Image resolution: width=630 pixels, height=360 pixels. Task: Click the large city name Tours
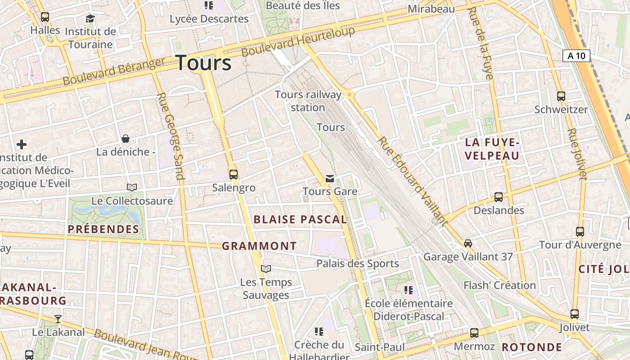click(203, 63)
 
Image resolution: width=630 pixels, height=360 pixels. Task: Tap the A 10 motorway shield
click(576, 56)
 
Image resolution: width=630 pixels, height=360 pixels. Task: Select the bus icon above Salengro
click(233, 174)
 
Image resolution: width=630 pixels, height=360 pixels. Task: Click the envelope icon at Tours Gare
click(330, 179)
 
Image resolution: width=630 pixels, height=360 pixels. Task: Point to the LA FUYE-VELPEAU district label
click(492, 149)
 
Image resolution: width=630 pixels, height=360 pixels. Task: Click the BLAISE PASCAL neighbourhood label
click(300, 220)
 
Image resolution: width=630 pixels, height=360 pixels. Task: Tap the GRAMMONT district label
click(259, 246)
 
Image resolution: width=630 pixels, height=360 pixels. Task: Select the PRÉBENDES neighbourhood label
click(103, 229)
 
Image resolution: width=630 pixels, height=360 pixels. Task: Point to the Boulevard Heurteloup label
click(298, 41)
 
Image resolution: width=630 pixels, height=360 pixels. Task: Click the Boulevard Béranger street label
click(114, 71)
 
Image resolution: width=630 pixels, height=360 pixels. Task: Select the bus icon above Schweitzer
click(561, 96)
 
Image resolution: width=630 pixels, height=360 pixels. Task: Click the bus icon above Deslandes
click(498, 197)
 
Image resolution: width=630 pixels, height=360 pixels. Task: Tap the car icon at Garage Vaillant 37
click(468, 243)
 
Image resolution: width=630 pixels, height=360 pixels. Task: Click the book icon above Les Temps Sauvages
click(266, 269)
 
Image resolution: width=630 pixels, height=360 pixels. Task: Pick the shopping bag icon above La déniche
click(126, 138)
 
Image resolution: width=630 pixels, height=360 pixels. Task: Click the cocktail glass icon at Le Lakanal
click(58, 319)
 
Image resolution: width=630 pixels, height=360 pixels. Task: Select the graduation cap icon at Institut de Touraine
click(90, 18)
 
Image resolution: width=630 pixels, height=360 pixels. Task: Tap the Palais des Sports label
click(357, 264)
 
